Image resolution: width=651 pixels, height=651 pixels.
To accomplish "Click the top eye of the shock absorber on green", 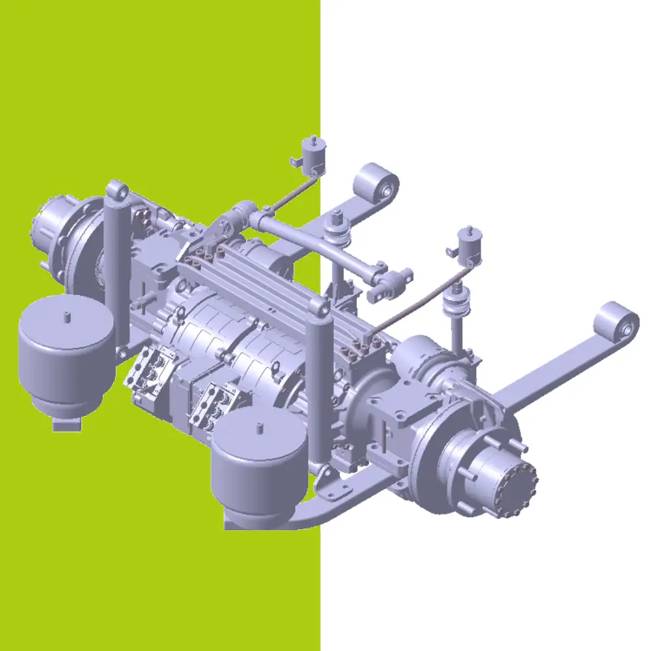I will (x=118, y=191).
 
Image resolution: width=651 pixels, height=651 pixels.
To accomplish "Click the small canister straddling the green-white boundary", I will (x=312, y=156).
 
